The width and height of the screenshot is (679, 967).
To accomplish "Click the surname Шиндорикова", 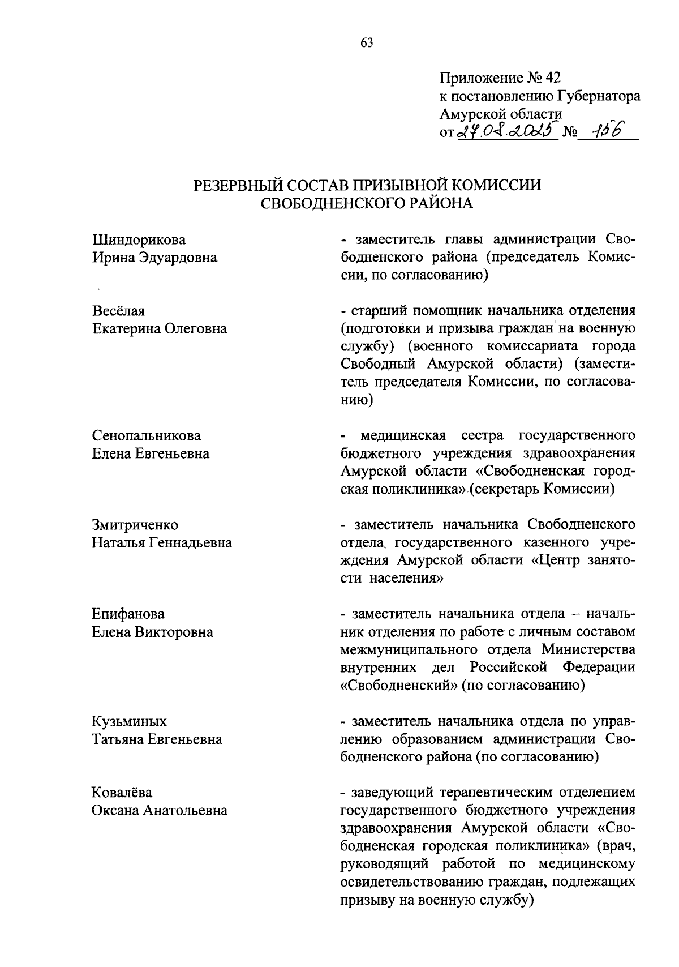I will [x=139, y=239].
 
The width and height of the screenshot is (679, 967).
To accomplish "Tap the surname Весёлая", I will [x=119, y=311].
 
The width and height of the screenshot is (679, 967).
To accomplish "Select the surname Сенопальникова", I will [x=147, y=435].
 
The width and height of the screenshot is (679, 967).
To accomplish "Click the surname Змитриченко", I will [x=135, y=525].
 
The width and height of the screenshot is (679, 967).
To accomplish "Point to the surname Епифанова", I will [x=128, y=614].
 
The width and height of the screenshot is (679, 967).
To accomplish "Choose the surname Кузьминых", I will [x=130, y=721].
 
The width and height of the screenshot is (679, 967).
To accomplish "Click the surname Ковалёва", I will [x=122, y=793].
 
